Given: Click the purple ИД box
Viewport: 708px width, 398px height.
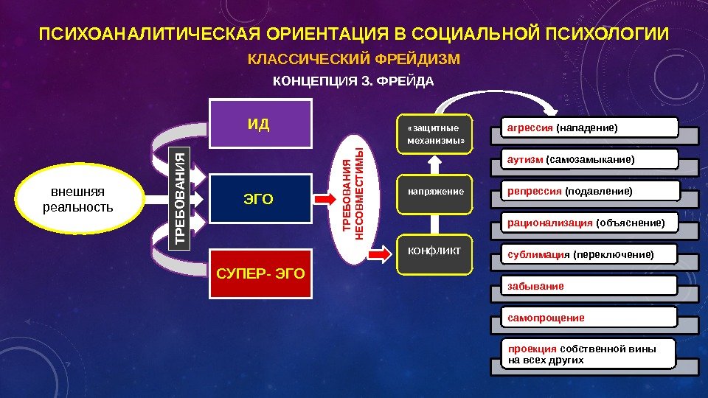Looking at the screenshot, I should (258, 124).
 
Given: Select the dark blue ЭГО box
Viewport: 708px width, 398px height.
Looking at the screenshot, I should (258, 198).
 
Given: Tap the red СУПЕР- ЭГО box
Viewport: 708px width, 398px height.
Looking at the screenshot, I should (260, 275).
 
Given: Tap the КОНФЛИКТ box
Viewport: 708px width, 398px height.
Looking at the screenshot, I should (434, 252).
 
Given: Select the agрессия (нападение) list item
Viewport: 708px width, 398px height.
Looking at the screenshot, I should (589, 128).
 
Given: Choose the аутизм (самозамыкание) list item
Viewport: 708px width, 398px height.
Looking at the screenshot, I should (589, 159).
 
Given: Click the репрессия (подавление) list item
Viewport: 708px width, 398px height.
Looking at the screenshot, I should (589, 192).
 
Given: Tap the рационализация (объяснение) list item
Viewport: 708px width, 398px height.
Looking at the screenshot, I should (589, 222).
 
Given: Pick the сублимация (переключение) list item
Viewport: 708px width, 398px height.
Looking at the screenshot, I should (589, 255).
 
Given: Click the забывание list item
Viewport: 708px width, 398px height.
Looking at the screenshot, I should (589, 285).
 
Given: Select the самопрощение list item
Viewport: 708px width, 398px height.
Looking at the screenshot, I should (589, 318).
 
